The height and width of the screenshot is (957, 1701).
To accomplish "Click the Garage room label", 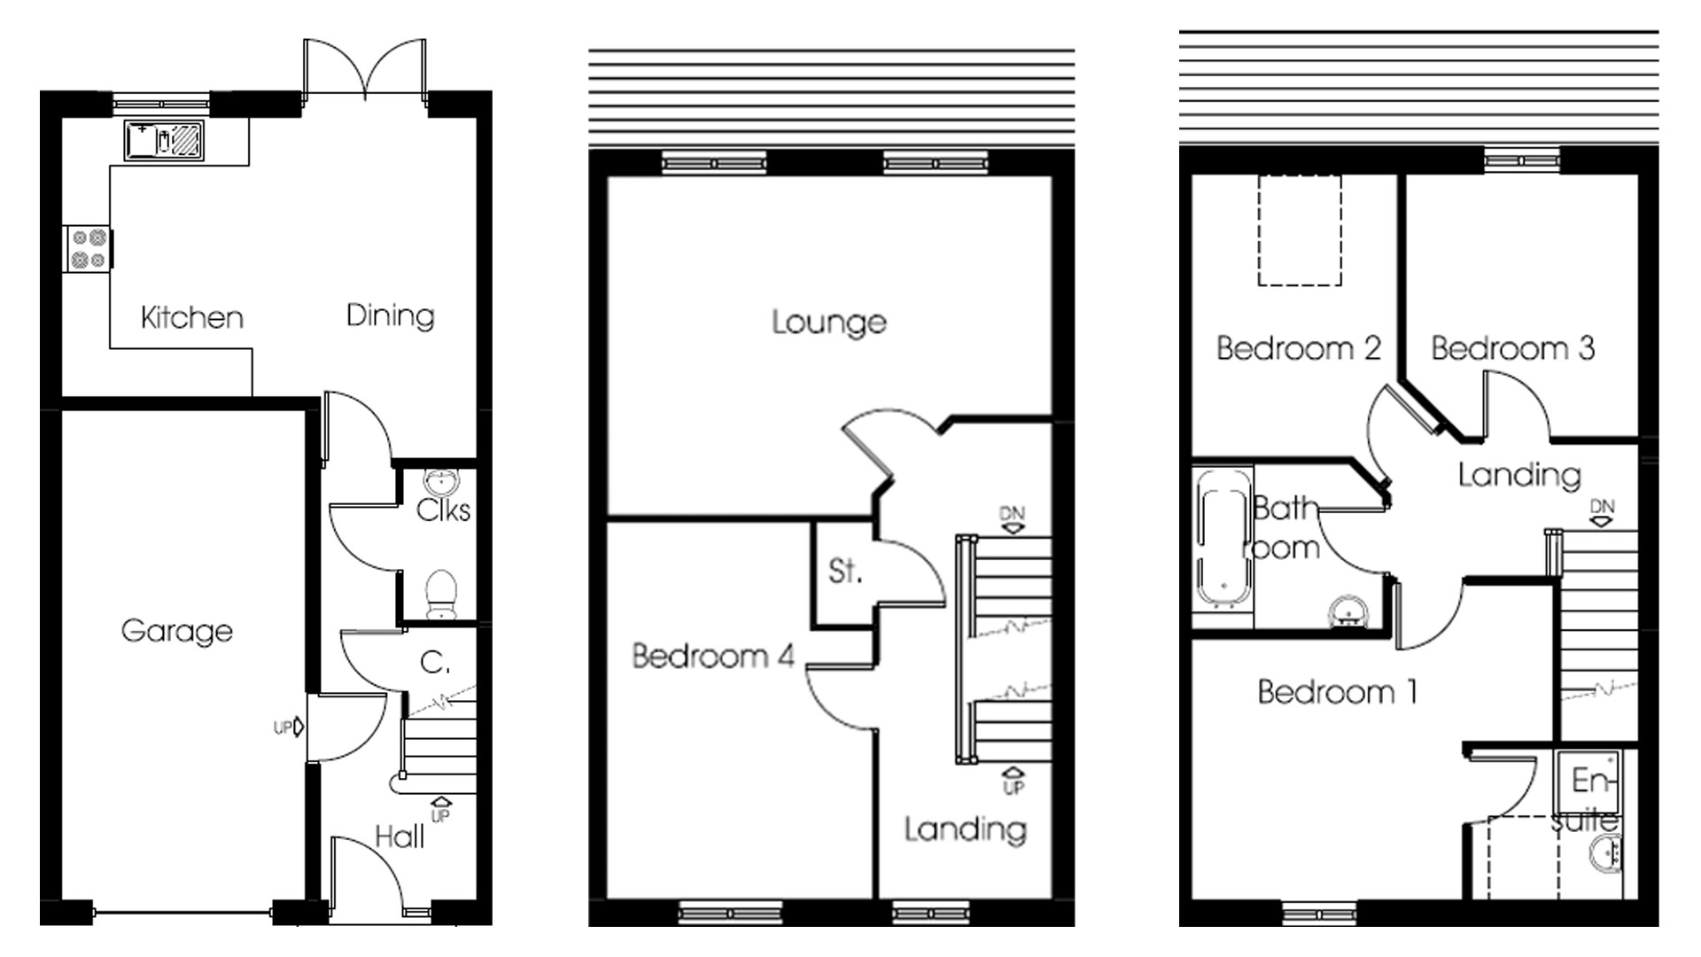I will pos(176,631).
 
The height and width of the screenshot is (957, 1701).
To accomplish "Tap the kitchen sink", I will pos(164,140).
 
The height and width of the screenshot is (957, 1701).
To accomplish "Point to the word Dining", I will pos(390,315).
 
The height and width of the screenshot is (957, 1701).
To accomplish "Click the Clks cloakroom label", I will pos(443,510).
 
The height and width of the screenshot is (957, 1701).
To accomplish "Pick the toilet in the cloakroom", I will pos(440,592).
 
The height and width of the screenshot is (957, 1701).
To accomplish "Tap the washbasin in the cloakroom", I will pos(441,481).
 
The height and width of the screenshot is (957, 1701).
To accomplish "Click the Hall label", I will pos(400,836).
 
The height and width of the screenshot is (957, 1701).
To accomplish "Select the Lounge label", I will pos(828,322).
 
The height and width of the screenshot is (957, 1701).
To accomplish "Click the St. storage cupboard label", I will pos(844,572).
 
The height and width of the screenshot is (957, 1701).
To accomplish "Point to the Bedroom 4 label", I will pos(712,656).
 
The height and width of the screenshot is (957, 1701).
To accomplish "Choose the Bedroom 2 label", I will pos(1298,348).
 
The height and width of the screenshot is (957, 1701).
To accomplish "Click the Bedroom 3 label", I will pos(1512,348).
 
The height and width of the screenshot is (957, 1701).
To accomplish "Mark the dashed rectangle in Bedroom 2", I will pos(1300,230).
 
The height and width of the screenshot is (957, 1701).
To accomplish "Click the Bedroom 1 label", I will pos(1337,691).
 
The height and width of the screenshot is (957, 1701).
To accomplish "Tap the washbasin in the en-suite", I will pos(1606,857).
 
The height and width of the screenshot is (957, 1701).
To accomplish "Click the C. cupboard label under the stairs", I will pos(435,662).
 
